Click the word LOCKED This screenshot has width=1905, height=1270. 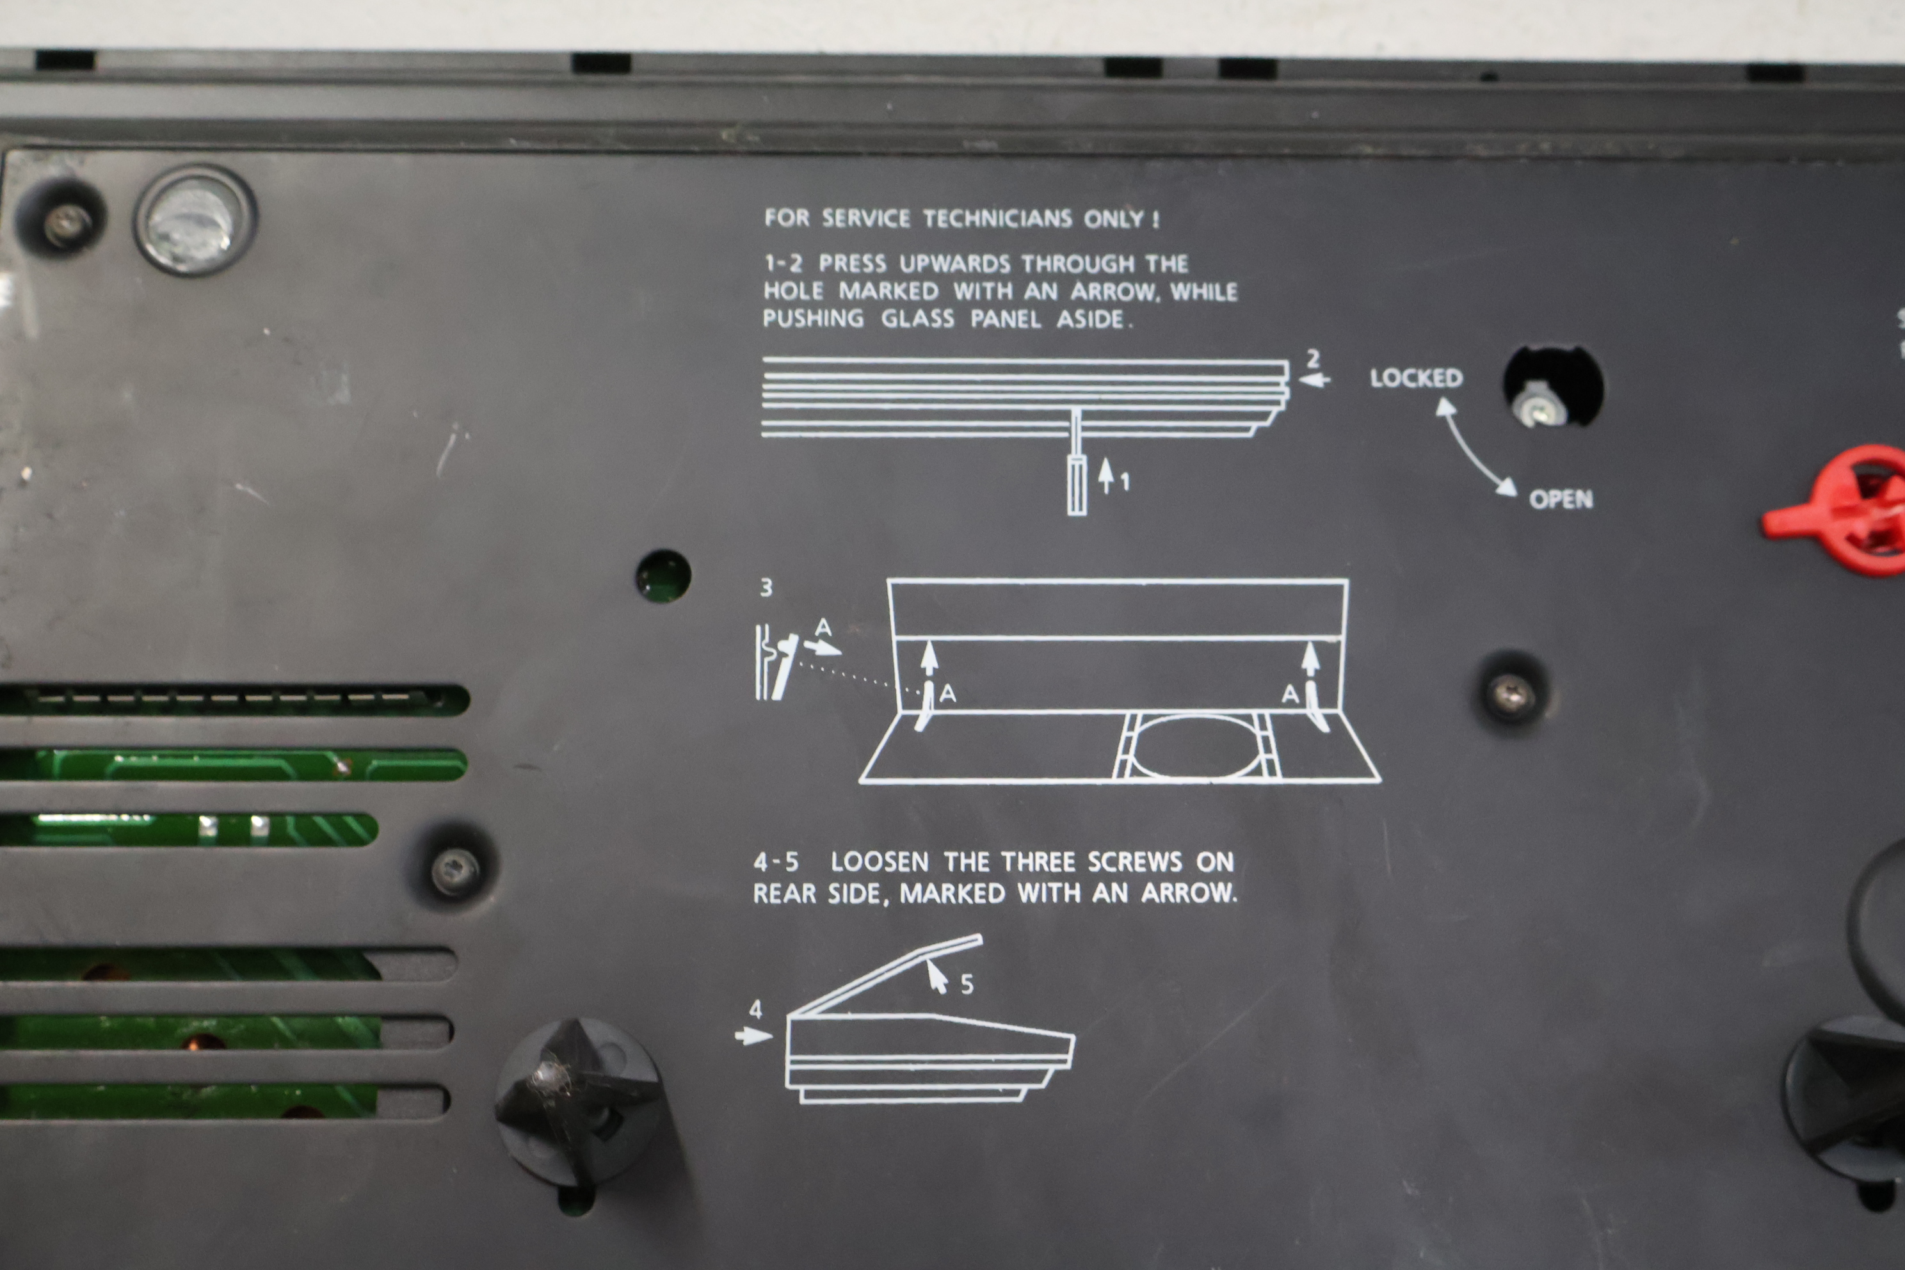point(1416,378)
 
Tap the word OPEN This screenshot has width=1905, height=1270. point(1561,499)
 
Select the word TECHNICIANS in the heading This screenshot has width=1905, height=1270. point(998,219)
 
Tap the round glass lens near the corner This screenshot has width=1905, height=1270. point(195,221)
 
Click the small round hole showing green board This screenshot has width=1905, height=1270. point(663,576)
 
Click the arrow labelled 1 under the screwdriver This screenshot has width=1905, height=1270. point(1105,476)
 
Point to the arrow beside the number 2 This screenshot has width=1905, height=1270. point(1314,379)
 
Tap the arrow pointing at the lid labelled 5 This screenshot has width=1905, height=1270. point(937,976)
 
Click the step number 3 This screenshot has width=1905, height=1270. point(766,587)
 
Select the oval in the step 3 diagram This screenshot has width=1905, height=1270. point(1196,746)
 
